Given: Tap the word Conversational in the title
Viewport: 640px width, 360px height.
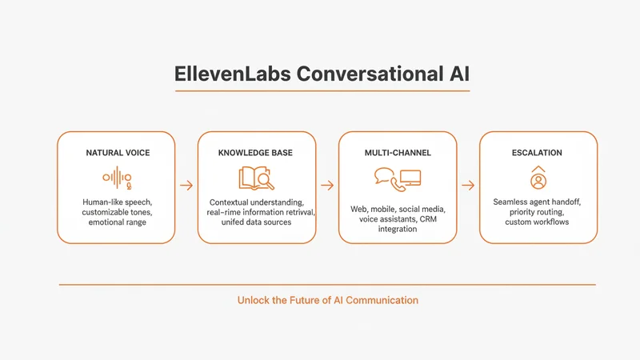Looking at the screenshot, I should pyautogui.click(x=361, y=73).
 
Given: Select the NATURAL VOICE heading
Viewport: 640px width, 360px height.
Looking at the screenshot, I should pyautogui.click(x=116, y=152).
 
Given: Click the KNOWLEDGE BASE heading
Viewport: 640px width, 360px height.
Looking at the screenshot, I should pyautogui.click(x=257, y=152).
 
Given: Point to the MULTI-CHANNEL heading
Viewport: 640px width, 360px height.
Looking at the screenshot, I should pyautogui.click(x=398, y=152).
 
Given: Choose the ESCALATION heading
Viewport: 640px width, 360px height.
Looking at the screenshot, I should pyautogui.click(x=538, y=152).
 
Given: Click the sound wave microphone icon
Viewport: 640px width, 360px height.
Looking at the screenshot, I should pyautogui.click(x=116, y=178).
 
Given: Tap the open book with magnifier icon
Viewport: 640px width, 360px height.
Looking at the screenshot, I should pyautogui.click(x=257, y=178).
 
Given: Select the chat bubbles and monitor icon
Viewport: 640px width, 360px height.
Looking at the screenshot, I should pyautogui.click(x=398, y=179).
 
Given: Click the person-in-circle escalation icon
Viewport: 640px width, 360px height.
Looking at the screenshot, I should pyautogui.click(x=538, y=178).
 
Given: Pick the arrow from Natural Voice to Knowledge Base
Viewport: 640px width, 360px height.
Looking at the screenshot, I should pyautogui.click(x=186, y=186).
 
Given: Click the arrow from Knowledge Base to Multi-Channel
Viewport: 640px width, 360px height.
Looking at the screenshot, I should pyautogui.click(x=327, y=186).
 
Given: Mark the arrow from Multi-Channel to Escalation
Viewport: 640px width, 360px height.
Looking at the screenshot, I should pyautogui.click(x=468, y=186).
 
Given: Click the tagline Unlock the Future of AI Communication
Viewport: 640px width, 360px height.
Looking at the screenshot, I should pyautogui.click(x=327, y=301).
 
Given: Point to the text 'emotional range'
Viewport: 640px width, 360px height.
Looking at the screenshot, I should pyautogui.click(x=116, y=222).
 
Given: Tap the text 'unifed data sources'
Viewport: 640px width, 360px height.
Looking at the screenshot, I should pyautogui.click(x=257, y=222).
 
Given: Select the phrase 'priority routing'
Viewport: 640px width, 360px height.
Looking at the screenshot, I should pyautogui.click(x=538, y=212).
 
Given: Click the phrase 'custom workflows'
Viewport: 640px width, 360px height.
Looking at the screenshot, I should pyautogui.click(x=538, y=222).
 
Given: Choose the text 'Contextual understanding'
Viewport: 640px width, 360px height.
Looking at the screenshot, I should pyautogui.click(x=257, y=202).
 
